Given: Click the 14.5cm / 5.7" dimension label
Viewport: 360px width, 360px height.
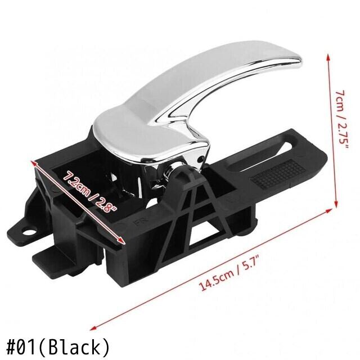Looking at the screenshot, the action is click(229, 274).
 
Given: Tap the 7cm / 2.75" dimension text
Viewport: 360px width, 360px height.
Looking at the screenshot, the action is click(341, 119).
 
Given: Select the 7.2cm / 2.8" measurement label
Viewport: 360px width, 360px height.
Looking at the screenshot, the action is click(89, 191).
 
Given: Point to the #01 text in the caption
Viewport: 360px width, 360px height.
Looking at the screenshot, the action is click(21, 347).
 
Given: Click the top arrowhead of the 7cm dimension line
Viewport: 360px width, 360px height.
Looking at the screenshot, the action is click(329, 57).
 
